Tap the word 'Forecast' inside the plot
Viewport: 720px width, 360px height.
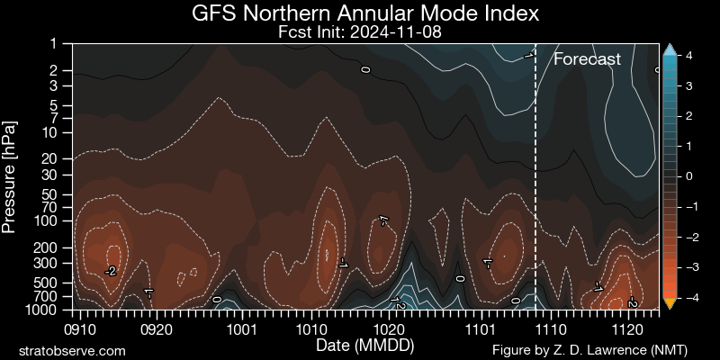pyautogui.click(x=587, y=60)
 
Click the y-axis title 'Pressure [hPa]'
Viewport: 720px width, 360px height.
pyautogui.click(x=12, y=175)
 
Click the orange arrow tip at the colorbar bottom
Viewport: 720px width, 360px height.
pyautogui.click(x=670, y=303)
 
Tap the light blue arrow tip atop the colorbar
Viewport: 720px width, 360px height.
pyautogui.click(x=670, y=49)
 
